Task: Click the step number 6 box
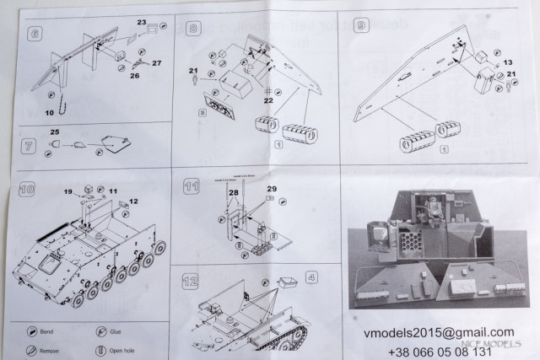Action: point(35,35)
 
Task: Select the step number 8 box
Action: point(193,29)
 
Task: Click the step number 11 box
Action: point(193,185)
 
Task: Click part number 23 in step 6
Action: point(142,23)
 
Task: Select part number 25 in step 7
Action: point(55,133)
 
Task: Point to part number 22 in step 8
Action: point(267,101)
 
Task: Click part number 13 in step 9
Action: point(507,62)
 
